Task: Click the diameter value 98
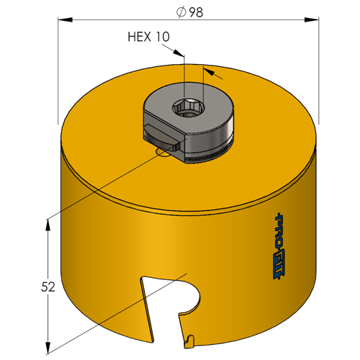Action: click(x=196, y=12)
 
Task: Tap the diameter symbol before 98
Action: click(x=181, y=12)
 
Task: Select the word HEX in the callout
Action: click(x=140, y=37)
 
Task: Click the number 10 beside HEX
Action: click(x=163, y=37)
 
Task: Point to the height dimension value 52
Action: click(x=48, y=287)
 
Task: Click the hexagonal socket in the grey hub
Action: click(x=188, y=108)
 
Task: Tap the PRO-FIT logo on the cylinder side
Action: click(x=279, y=246)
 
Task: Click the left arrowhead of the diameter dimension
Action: click(x=65, y=19)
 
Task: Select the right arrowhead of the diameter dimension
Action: click(x=312, y=19)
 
